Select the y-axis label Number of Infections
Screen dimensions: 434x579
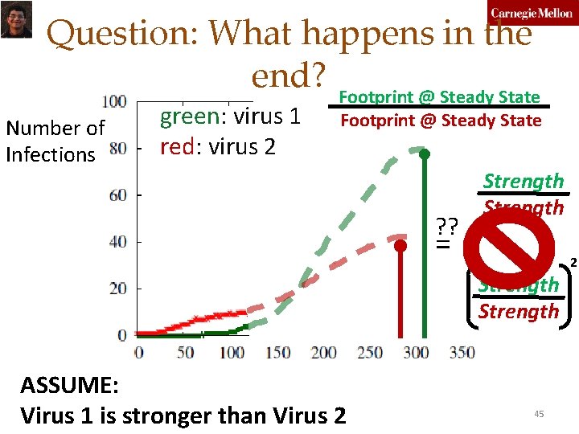pyautogui.click(x=55, y=141)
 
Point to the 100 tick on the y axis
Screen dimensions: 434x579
pyautogui.click(x=114, y=101)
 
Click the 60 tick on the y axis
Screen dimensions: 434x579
pyautogui.click(x=117, y=195)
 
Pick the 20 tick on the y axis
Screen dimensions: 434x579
pyautogui.click(x=117, y=289)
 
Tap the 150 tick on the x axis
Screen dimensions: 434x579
pyautogui.click(x=277, y=352)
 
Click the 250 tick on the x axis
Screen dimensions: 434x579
pyautogui.click(x=370, y=352)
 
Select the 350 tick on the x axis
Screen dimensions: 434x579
pyautogui.click(x=462, y=352)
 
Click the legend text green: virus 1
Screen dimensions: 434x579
pyautogui.click(x=230, y=117)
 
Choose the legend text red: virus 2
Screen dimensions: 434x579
pyautogui.click(x=218, y=146)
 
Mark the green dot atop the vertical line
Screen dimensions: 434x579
pyautogui.click(x=425, y=154)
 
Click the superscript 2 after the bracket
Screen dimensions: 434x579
pyautogui.click(x=573, y=263)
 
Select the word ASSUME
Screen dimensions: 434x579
pyautogui.click(x=69, y=385)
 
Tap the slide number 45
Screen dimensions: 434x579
pyautogui.click(x=539, y=413)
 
